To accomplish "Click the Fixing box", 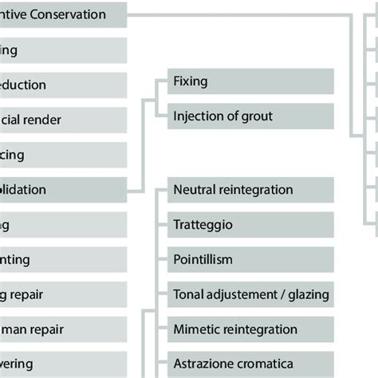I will click(x=250, y=81).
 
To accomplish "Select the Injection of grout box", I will click(x=250, y=116).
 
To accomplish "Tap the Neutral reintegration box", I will click(x=250, y=190).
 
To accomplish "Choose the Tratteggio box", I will click(x=250, y=225).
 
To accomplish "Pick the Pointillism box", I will click(x=250, y=260).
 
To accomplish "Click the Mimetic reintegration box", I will click(x=250, y=329).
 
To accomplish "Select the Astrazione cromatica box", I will click(x=250, y=364).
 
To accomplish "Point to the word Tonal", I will click(x=189, y=294).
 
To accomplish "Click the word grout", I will click(x=255, y=116).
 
